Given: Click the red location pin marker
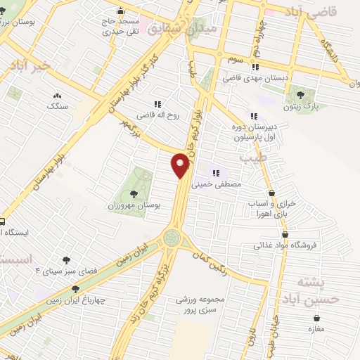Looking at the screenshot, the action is coord(181,166).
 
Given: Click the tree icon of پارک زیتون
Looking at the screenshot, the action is coord(302,94).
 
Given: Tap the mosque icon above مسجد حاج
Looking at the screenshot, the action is coord(121,11).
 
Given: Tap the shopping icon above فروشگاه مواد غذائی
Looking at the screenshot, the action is coord(285,234).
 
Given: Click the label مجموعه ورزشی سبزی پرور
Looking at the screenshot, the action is coord(200,304).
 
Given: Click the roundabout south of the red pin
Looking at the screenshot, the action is coord(172,239).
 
